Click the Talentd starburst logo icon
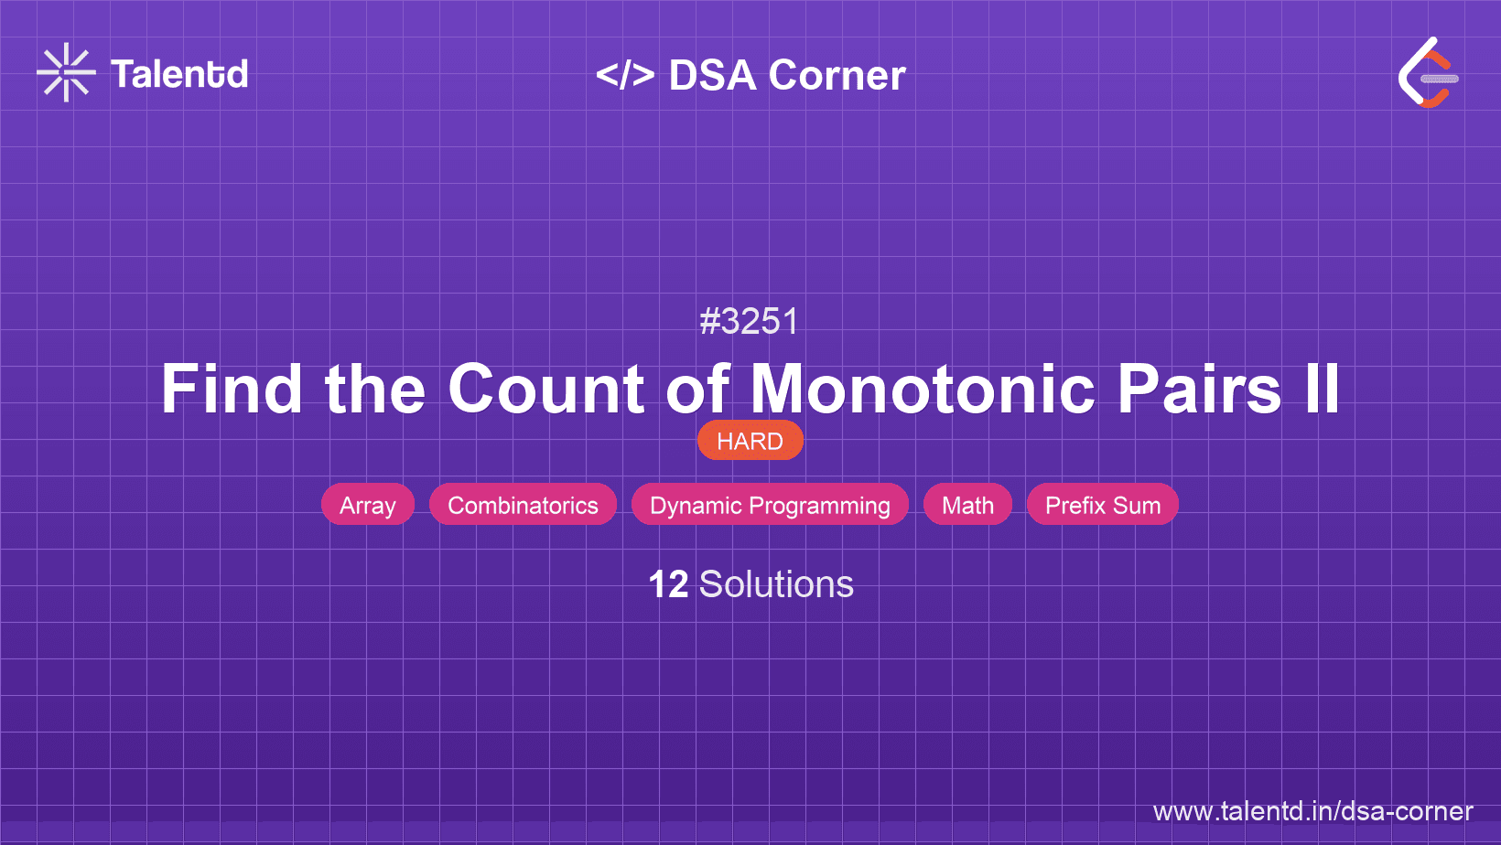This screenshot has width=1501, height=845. point(66,73)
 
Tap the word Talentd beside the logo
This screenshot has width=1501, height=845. point(179,74)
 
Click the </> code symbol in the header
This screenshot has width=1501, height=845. point(625,75)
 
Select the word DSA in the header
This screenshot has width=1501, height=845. point(712,75)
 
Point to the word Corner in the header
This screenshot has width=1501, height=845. point(837,75)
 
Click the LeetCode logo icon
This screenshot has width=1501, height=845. point(1428,73)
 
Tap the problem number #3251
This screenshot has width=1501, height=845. point(750,322)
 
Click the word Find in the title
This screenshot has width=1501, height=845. point(231,390)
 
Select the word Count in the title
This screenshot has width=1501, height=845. point(545,390)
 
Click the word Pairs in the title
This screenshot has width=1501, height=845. point(1199,390)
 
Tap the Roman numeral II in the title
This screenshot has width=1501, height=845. point(1322,390)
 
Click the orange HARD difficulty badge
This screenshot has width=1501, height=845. point(750,441)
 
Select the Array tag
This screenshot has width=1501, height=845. point(367,505)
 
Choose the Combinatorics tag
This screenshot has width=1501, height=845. point(523,505)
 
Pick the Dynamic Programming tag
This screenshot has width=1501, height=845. point(770,505)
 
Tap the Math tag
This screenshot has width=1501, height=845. point(967,505)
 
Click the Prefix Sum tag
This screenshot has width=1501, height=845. point(1102,505)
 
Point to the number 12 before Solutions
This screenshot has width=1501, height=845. point(668,584)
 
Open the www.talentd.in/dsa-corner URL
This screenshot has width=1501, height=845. point(1312,811)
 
